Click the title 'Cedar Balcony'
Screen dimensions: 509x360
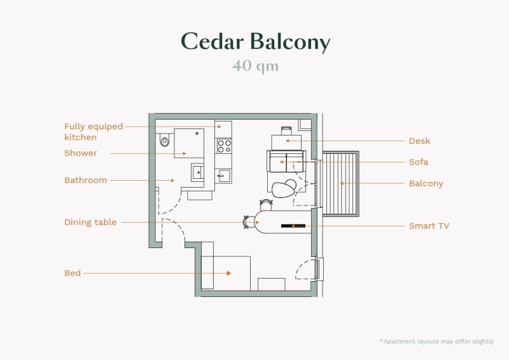(x=256, y=42)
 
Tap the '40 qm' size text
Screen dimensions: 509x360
(x=256, y=66)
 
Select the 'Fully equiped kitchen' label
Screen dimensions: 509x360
(x=94, y=132)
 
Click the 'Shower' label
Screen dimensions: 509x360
(x=81, y=153)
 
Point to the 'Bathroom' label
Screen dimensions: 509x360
(x=85, y=180)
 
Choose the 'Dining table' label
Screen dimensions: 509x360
(x=90, y=223)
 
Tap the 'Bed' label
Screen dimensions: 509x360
(x=73, y=273)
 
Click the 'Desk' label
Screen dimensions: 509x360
(x=419, y=141)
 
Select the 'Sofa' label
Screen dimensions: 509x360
(x=419, y=162)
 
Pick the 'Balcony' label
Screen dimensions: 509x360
(x=426, y=183)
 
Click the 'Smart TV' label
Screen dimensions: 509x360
(x=429, y=226)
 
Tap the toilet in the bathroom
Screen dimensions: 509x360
(x=165, y=141)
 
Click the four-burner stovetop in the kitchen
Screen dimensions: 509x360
(x=224, y=146)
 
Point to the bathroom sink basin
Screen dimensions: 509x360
(x=197, y=172)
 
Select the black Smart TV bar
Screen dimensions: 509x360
(x=293, y=226)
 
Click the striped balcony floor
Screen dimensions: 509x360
(x=340, y=183)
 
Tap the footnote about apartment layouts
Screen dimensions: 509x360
(x=436, y=342)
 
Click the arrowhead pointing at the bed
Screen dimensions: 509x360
(x=229, y=273)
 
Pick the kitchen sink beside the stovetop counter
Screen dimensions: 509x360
(x=223, y=176)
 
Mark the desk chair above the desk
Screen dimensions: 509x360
(x=286, y=130)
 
